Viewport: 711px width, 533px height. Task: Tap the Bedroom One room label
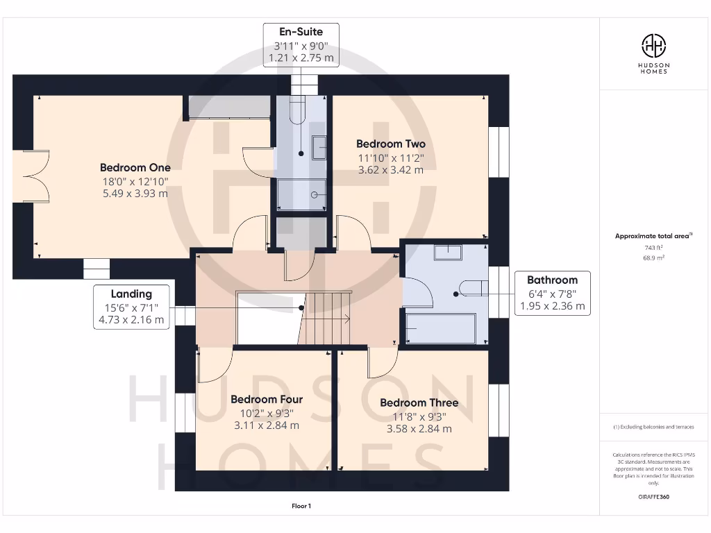[135, 167]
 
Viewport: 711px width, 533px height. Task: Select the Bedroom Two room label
[391, 144]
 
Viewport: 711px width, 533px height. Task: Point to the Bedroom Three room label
[419, 403]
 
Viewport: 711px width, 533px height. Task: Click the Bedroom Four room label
[267, 399]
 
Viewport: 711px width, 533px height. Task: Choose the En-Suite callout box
[301, 45]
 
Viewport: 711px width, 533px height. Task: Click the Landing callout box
[131, 307]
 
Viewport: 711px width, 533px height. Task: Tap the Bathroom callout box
[552, 294]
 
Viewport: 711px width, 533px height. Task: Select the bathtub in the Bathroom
[440, 328]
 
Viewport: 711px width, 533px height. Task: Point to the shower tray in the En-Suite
[301, 194]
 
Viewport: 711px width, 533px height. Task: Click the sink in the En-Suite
[319, 148]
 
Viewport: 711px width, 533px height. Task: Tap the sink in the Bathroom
[448, 253]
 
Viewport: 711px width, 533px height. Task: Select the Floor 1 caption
[301, 506]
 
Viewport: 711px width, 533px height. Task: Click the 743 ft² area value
[653, 248]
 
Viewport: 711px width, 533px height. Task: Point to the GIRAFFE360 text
[653, 497]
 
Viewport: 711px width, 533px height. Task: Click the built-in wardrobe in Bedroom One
[229, 107]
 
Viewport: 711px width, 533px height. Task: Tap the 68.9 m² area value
[653, 257]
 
